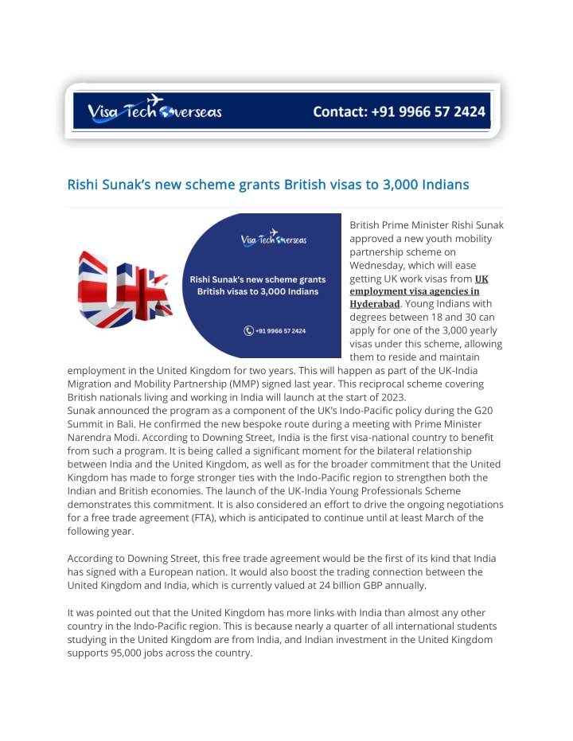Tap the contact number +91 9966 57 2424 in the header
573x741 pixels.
(399, 111)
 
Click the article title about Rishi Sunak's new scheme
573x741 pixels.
(268, 185)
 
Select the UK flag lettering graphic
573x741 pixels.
(125, 285)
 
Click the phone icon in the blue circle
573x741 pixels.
(248, 330)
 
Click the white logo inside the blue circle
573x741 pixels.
(273, 239)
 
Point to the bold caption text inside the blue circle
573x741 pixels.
(257, 285)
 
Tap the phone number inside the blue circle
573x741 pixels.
(280, 330)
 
